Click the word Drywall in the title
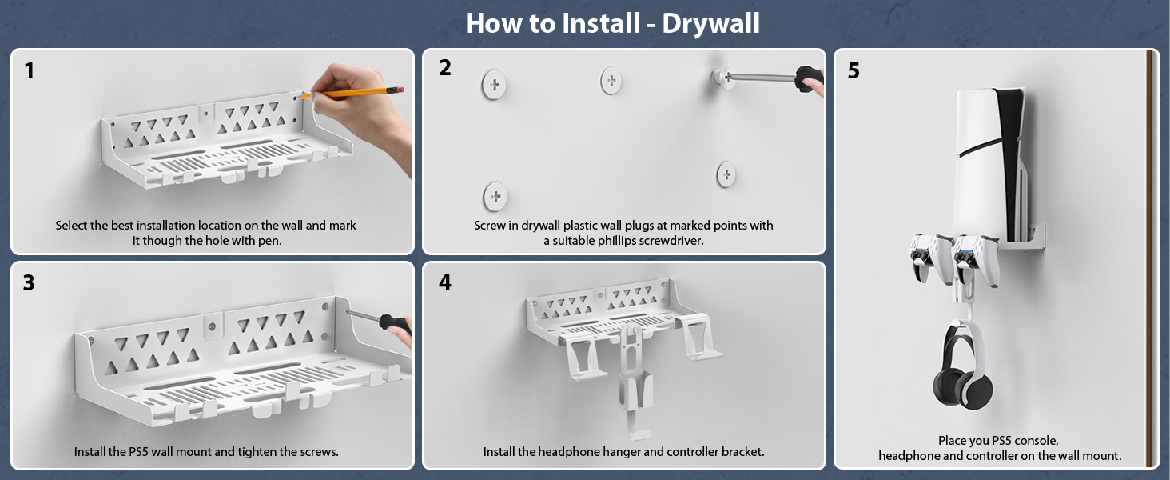click(711, 24)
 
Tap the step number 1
click(30, 71)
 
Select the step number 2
click(444, 67)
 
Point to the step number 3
click(29, 282)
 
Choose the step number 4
click(444, 282)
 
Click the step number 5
click(854, 70)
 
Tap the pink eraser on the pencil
click(400, 90)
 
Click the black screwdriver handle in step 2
click(809, 79)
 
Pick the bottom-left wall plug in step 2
click(495, 197)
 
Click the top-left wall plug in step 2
click(494, 85)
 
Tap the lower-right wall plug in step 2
click(726, 174)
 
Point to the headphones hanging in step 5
click(962, 366)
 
